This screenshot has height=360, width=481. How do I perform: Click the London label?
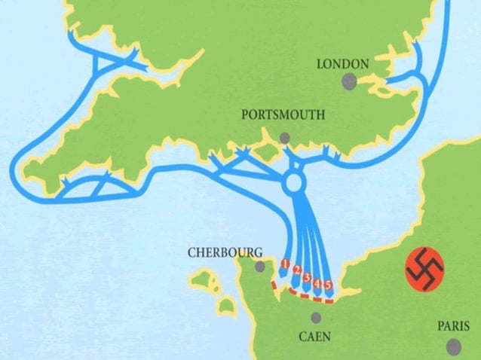coord(343,64)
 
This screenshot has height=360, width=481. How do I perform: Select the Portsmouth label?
coord(283,115)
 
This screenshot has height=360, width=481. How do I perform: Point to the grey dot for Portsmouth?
coord(284,137)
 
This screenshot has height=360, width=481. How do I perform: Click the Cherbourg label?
coord(225,253)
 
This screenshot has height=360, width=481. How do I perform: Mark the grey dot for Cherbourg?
coord(260,267)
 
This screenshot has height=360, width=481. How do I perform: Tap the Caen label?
coord(314,337)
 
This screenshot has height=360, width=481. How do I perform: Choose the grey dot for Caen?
coord(316,318)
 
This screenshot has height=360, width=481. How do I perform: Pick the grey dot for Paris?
coord(452,346)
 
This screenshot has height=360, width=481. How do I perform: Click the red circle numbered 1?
coord(285,264)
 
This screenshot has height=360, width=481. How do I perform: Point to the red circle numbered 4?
coord(318,282)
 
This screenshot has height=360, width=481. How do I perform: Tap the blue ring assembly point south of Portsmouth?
coord(294,183)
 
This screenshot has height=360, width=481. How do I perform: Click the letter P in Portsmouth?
coord(245,116)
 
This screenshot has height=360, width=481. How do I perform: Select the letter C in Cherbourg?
coord(191,254)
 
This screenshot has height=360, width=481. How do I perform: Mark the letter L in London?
coord(320,65)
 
